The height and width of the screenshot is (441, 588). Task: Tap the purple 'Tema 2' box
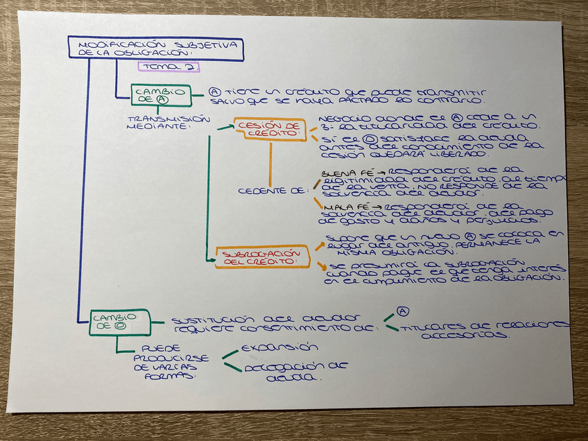[x=168, y=67]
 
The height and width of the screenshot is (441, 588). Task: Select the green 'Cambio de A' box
[x=160, y=94]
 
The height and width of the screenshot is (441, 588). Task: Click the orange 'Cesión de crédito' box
[x=270, y=129]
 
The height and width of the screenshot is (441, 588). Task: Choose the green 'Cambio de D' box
[x=119, y=323]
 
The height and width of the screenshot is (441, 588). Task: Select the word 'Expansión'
[x=279, y=347]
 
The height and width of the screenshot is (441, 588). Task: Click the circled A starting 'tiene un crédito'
[x=215, y=92]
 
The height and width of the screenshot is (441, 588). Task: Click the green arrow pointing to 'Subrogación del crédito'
[x=211, y=258]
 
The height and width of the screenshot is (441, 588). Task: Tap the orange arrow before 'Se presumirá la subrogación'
[x=322, y=266]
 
